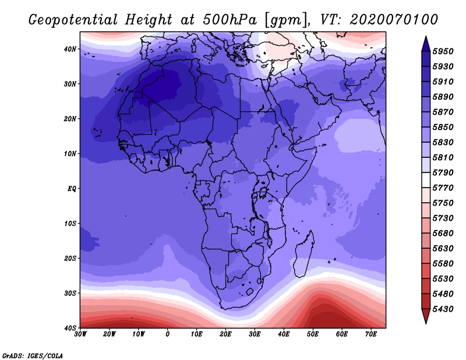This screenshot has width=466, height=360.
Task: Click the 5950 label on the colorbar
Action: [443, 51]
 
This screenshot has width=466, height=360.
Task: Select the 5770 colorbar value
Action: [443, 188]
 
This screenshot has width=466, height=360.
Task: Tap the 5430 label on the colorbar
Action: [443, 309]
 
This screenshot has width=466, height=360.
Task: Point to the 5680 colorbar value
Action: [443, 234]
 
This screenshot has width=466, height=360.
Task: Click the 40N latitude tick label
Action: [69, 49]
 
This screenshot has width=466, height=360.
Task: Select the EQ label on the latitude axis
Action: [72, 189]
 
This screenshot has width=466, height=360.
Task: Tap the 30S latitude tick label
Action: [69, 294]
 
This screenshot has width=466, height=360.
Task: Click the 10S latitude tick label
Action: [69, 224]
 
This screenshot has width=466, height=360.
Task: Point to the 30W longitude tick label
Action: [80, 334]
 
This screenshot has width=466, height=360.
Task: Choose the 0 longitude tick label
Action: [168, 334]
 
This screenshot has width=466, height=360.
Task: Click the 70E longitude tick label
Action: [371, 334]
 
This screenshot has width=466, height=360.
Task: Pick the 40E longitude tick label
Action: [284, 334]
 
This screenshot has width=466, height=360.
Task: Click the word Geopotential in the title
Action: [73, 20]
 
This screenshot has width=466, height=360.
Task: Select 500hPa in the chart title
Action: [230, 20]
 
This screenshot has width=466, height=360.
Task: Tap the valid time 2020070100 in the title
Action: [394, 20]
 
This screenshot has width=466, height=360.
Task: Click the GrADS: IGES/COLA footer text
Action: [33, 356]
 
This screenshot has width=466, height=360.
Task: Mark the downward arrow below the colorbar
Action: [426, 316]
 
